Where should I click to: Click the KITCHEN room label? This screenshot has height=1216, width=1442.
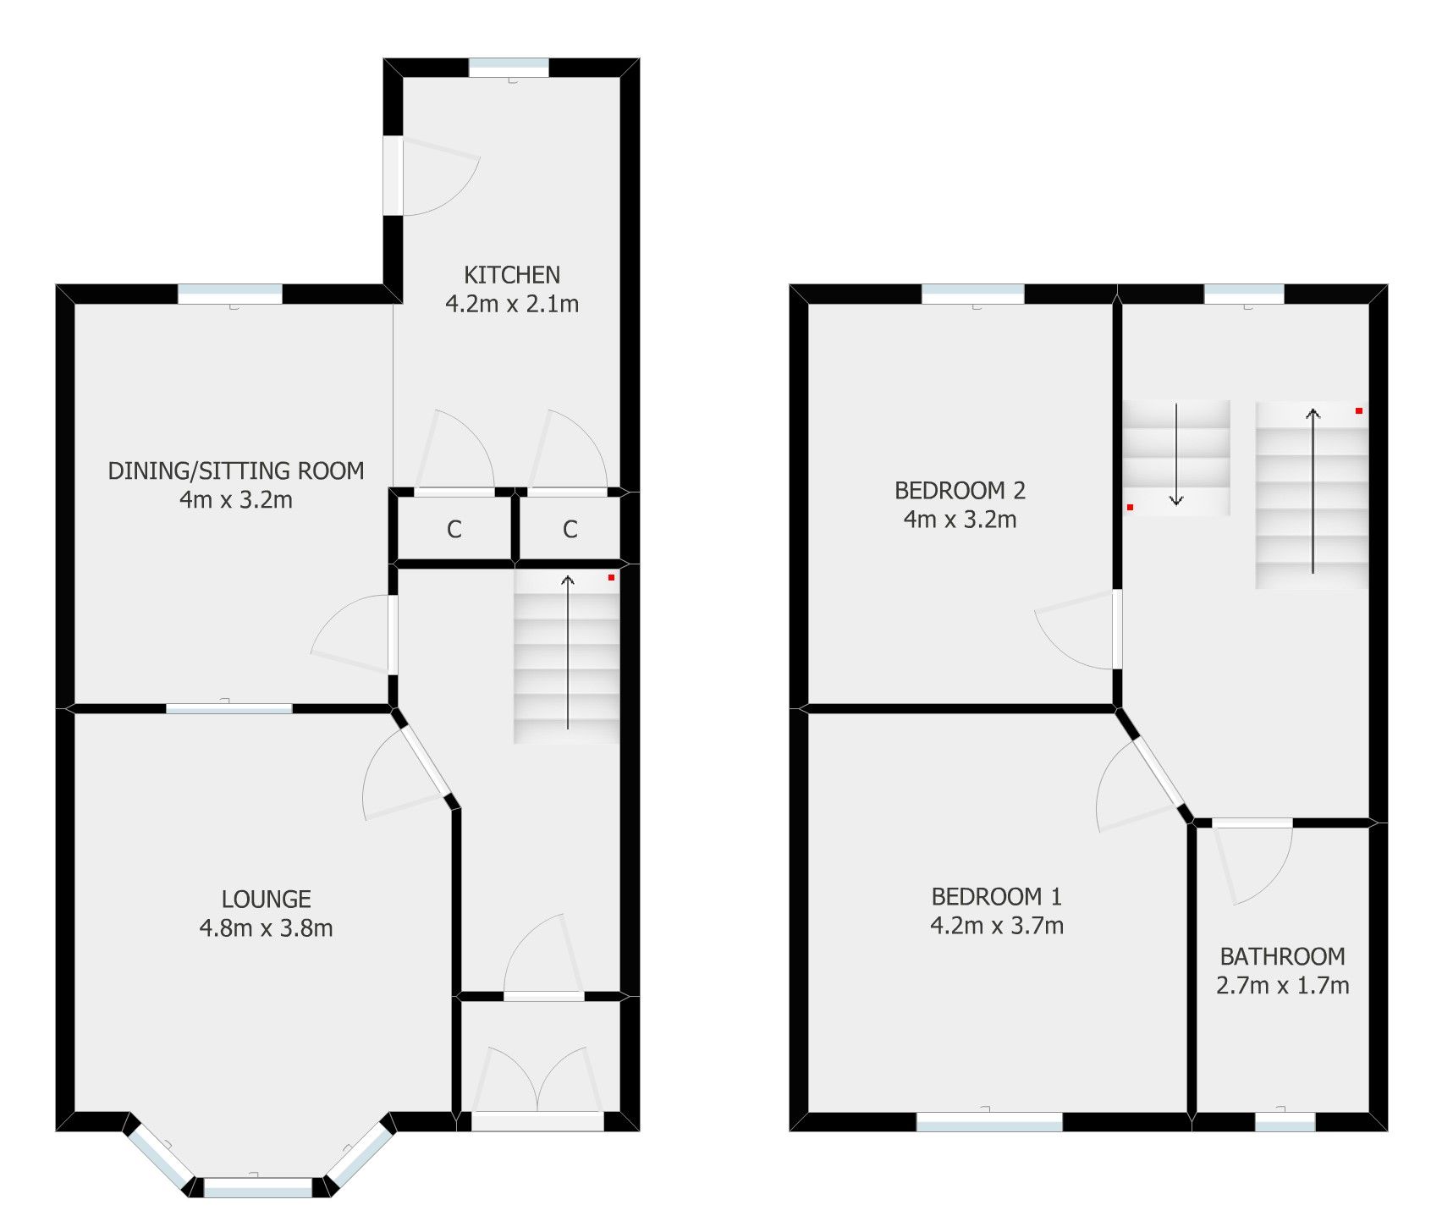511,275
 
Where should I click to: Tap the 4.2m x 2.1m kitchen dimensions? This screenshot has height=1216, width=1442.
512,304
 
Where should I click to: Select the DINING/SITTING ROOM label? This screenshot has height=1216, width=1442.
236,470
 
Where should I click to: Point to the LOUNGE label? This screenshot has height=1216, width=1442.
266,899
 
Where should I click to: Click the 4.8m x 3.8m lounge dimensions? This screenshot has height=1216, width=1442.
266,928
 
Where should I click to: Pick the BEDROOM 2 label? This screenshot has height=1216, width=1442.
960,491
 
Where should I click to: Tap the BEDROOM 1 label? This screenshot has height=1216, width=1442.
996,896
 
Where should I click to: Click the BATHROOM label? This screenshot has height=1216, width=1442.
1282,956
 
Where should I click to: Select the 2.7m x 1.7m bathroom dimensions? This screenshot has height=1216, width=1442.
1282,986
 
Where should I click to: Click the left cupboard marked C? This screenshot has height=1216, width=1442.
454,530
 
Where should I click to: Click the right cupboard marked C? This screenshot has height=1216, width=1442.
570,530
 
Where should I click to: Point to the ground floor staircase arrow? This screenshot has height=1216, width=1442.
568,652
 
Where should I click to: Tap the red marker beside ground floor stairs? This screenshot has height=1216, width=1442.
611,577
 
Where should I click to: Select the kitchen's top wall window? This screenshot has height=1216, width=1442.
509,68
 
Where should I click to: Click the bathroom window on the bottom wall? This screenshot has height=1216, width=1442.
1285,1122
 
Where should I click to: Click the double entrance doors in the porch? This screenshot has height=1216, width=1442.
537,1083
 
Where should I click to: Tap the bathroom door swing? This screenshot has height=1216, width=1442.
1252,863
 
